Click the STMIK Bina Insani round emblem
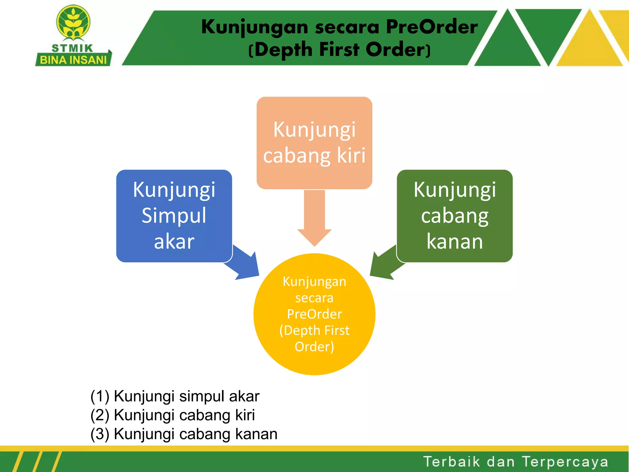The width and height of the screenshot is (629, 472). [73, 22]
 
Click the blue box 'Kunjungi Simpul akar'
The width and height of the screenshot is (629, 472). [174, 216]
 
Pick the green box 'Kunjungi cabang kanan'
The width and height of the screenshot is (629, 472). [455, 216]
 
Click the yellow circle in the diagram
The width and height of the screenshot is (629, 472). [314, 314]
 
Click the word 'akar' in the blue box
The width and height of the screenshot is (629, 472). [174, 242]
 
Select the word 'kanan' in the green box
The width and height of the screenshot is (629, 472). [455, 242]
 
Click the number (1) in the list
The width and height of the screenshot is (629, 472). [100, 396]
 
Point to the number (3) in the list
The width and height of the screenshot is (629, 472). [100, 434]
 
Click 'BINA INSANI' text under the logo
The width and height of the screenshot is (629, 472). [73, 60]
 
